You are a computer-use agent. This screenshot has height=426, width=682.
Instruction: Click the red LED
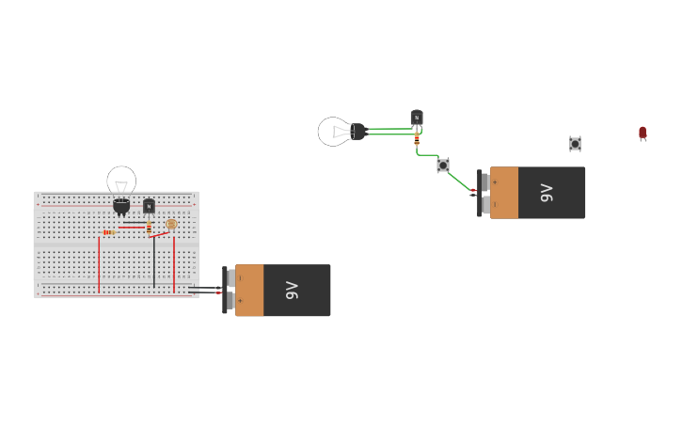(x=642, y=133)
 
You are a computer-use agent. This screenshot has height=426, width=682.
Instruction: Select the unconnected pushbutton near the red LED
(x=575, y=144)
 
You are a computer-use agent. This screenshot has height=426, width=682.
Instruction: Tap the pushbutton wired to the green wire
(x=443, y=166)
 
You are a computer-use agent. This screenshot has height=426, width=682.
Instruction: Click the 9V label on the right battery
(x=547, y=193)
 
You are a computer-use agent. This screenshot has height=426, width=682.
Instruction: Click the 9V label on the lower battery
(x=292, y=291)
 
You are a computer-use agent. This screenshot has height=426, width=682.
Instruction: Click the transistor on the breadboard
(x=149, y=206)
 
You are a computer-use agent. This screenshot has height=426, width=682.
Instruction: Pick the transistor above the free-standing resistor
(x=417, y=118)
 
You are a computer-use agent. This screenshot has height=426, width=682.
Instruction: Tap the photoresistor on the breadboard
(x=171, y=225)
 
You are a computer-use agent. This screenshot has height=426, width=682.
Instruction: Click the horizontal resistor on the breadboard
(x=108, y=232)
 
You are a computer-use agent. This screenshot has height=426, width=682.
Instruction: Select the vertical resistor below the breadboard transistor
(x=149, y=227)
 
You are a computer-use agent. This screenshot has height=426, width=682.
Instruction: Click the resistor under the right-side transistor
(x=417, y=139)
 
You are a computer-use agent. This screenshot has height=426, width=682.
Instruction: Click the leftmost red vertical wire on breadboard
(x=99, y=263)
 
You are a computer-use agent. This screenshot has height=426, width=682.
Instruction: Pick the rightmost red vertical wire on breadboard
(x=174, y=263)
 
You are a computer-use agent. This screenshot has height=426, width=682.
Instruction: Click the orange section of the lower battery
(x=249, y=291)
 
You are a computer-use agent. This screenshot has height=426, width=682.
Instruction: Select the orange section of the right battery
(x=504, y=193)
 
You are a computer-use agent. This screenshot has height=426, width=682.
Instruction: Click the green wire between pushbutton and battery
(x=460, y=180)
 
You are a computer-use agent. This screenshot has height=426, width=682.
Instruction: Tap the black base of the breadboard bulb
(x=121, y=205)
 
